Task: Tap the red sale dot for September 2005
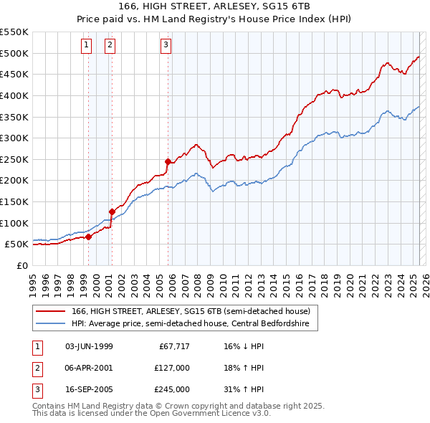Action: click(168, 161)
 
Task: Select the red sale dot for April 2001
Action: click(112, 211)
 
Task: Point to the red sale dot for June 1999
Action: click(88, 237)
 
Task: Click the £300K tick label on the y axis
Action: click(14, 138)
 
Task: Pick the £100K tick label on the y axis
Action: click(14, 223)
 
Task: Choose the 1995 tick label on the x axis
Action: click(32, 279)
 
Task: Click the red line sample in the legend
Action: click(51, 311)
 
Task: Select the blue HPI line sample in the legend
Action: click(51, 323)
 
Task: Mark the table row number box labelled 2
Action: click(37, 368)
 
